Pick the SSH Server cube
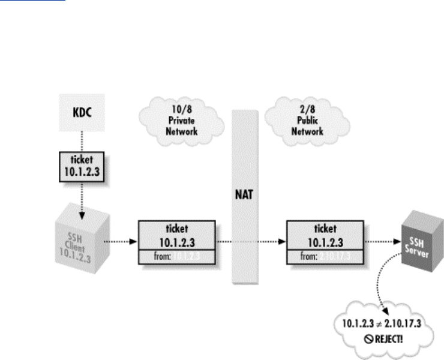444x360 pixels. (415, 241)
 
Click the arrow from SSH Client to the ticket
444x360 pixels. (121, 242)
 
